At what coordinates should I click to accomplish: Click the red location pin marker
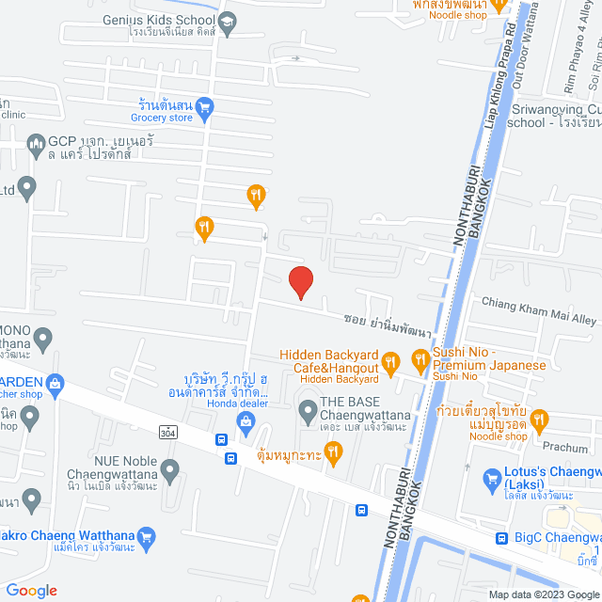(x=299, y=282)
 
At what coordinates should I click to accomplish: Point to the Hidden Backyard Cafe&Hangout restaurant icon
(x=393, y=360)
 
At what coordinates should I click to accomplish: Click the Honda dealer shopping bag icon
(x=246, y=421)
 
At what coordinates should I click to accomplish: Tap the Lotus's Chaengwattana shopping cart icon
(x=491, y=479)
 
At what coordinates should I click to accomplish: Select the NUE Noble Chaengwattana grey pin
(x=169, y=467)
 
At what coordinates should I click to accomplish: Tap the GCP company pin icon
(x=37, y=144)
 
